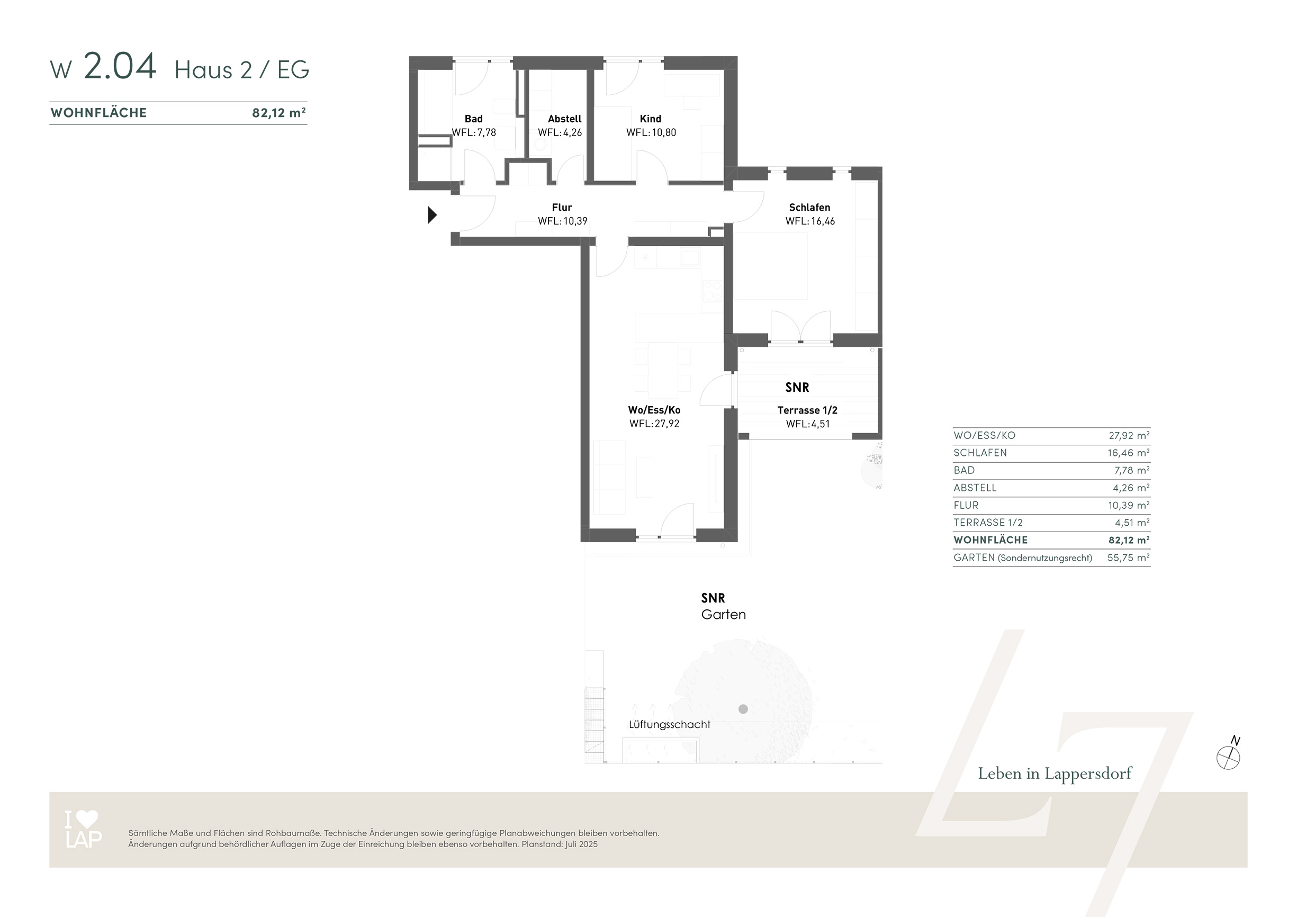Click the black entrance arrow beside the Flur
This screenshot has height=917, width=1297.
(x=432, y=215)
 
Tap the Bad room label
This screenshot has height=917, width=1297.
(x=473, y=119)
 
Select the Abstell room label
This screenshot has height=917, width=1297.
(x=564, y=119)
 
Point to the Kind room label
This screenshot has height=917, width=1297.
(x=650, y=119)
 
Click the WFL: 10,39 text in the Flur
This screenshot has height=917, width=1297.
(x=563, y=221)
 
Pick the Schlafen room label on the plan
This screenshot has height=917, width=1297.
(x=809, y=208)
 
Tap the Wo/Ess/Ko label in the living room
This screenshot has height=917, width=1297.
(x=654, y=410)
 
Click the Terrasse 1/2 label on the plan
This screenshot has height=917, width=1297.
(x=807, y=410)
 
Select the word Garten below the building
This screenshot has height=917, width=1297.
(x=724, y=615)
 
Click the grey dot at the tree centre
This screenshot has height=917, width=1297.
(x=743, y=709)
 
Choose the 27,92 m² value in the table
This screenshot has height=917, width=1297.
(x=1129, y=436)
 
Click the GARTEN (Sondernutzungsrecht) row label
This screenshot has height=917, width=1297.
(x=1023, y=558)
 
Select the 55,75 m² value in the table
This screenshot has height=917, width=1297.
(x=1129, y=558)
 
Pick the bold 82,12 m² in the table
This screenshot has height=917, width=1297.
(x=1129, y=540)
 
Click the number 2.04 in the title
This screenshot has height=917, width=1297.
(x=120, y=66)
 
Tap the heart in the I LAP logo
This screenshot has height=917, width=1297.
(x=87, y=819)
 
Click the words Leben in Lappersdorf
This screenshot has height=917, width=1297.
(x=1055, y=774)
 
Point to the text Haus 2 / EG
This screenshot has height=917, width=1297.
(x=242, y=69)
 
